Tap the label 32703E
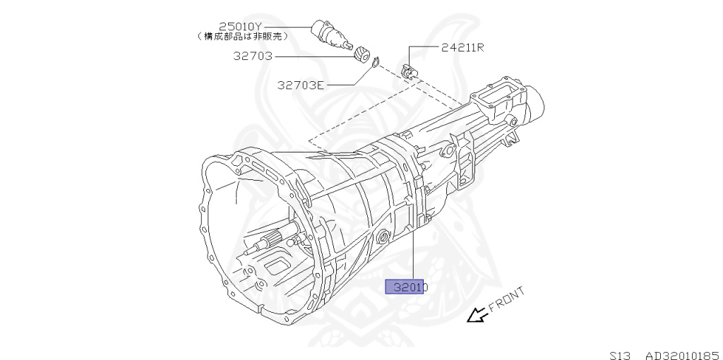point(301,85)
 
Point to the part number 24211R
point(462,48)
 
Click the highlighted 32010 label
point(406,287)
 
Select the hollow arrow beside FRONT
point(477,316)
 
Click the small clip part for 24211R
point(408,71)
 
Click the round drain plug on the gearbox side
point(383,236)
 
